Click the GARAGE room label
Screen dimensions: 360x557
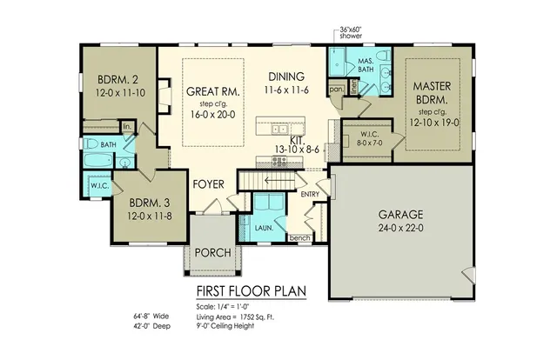click(x=399, y=213)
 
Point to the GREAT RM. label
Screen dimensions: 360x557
click(x=212, y=90)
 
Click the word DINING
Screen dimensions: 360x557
click(x=286, y=76)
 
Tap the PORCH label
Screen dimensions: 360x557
click(x=212, y=253)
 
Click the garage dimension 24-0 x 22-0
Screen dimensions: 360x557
click(x=399, y=228)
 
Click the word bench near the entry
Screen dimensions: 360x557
click(x=299, y=237)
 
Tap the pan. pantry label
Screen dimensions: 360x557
click(x=335, y=88)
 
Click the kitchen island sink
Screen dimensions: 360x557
click(x=279, y=129)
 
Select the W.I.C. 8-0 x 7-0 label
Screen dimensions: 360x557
click(x=365, y=140)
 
